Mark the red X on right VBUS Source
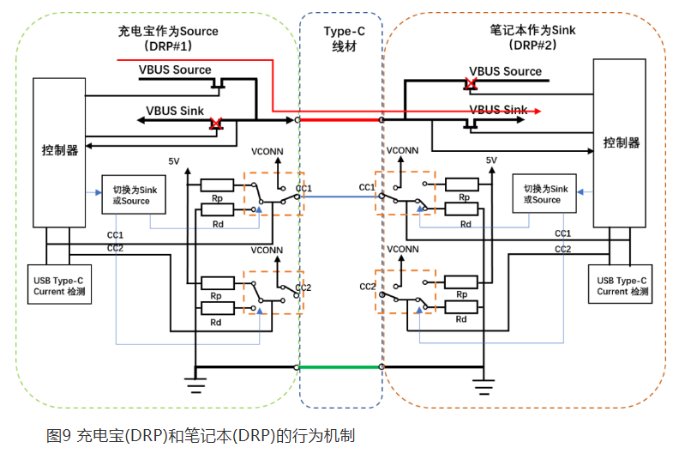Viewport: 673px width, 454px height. click(x=470, y=84)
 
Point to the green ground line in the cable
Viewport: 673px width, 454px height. click(x=340, y=367)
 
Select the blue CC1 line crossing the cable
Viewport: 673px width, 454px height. click(x=340, y=197)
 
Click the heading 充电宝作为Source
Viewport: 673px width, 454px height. click(x=168, y=31)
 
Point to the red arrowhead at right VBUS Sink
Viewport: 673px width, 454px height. click(x=537, y=111)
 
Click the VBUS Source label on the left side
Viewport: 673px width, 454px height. click(x=175, y=70)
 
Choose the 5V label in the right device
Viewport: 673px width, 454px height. click(x=491, y=160)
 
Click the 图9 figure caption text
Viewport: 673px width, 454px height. click(x=200, y=435)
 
